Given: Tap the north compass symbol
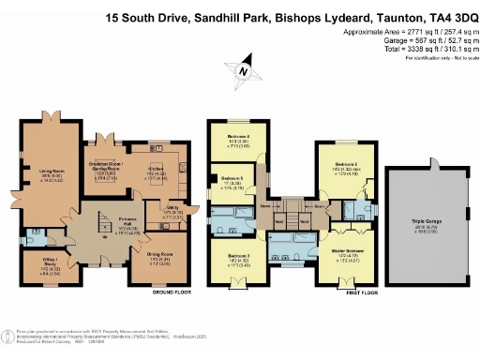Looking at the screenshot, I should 243,70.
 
